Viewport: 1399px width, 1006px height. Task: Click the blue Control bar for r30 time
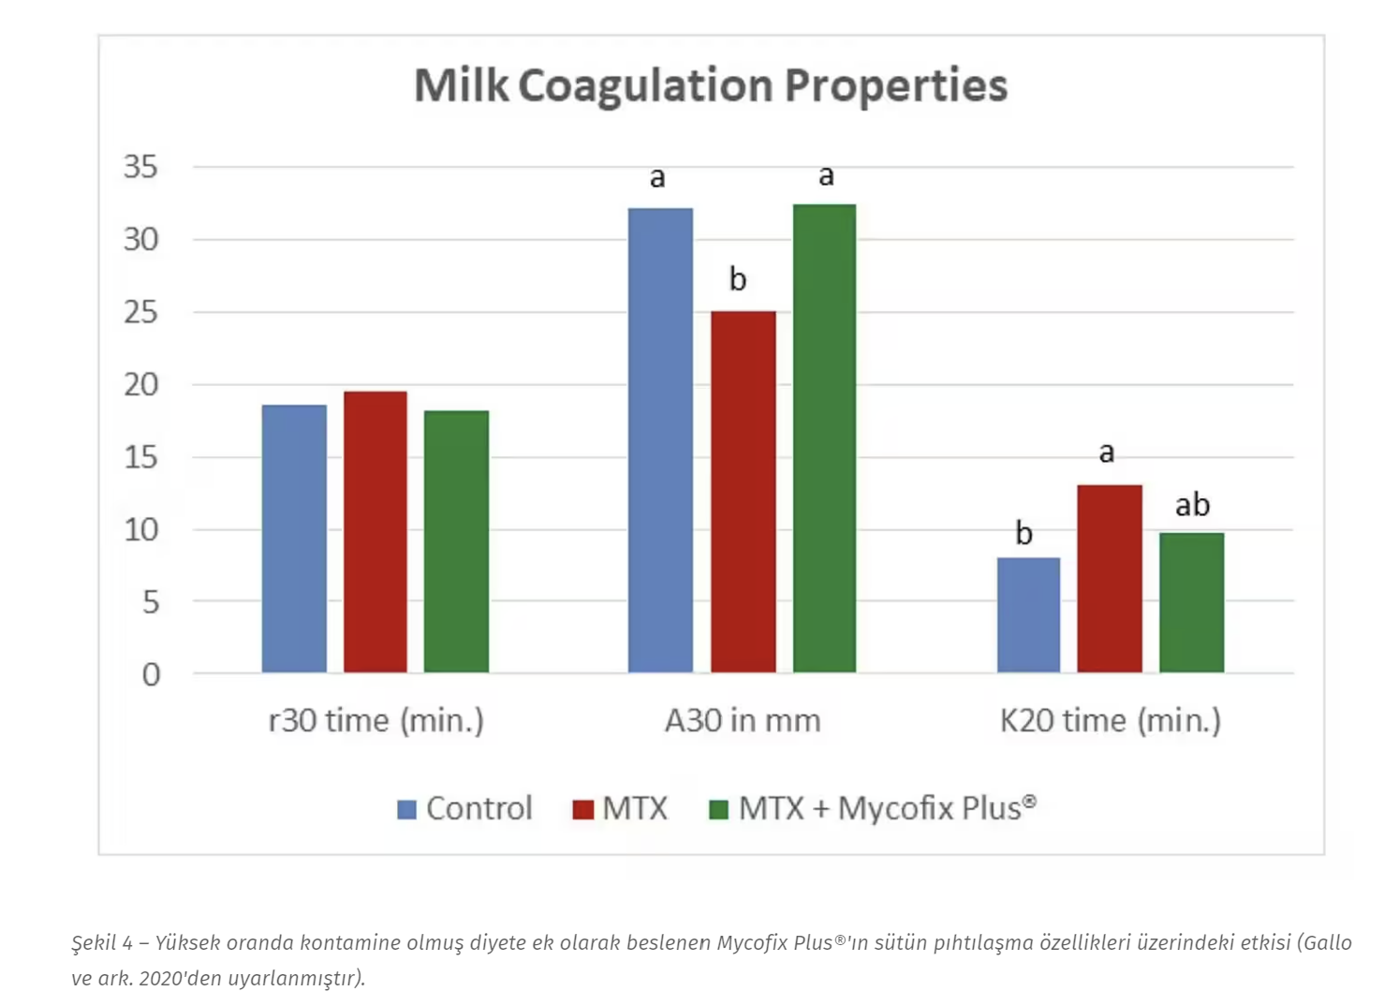coord(294,539)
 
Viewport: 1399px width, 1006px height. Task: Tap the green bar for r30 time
coord(456,541)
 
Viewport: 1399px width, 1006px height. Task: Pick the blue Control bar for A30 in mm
coord(660,440)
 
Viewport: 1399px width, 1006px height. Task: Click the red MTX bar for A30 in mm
coord(743,492)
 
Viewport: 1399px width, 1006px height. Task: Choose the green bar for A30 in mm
coord(824,438)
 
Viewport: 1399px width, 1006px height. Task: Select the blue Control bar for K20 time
coord(1028,614)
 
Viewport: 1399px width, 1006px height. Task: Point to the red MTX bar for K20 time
coord(1110,579)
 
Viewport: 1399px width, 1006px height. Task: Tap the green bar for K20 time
coord(1191,602)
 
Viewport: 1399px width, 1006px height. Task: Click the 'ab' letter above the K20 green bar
coord(1192,505)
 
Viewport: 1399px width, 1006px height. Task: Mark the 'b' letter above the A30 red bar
coord(738,278)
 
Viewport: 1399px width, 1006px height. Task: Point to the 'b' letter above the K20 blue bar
coord(1024,533)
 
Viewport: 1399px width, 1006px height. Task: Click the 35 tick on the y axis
coord(140,167)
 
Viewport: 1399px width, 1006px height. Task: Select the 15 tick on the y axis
coord(140,457)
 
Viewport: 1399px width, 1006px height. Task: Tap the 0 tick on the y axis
coord(151,674)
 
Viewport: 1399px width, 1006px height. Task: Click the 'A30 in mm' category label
coord(743,720)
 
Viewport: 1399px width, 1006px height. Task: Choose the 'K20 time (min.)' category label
coord(1110,720)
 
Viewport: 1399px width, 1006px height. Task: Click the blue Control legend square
coord(406,809)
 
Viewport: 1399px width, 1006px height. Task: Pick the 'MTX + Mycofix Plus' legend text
coord(886,807)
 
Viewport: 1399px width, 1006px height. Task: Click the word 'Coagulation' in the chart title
coord(646,85)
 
